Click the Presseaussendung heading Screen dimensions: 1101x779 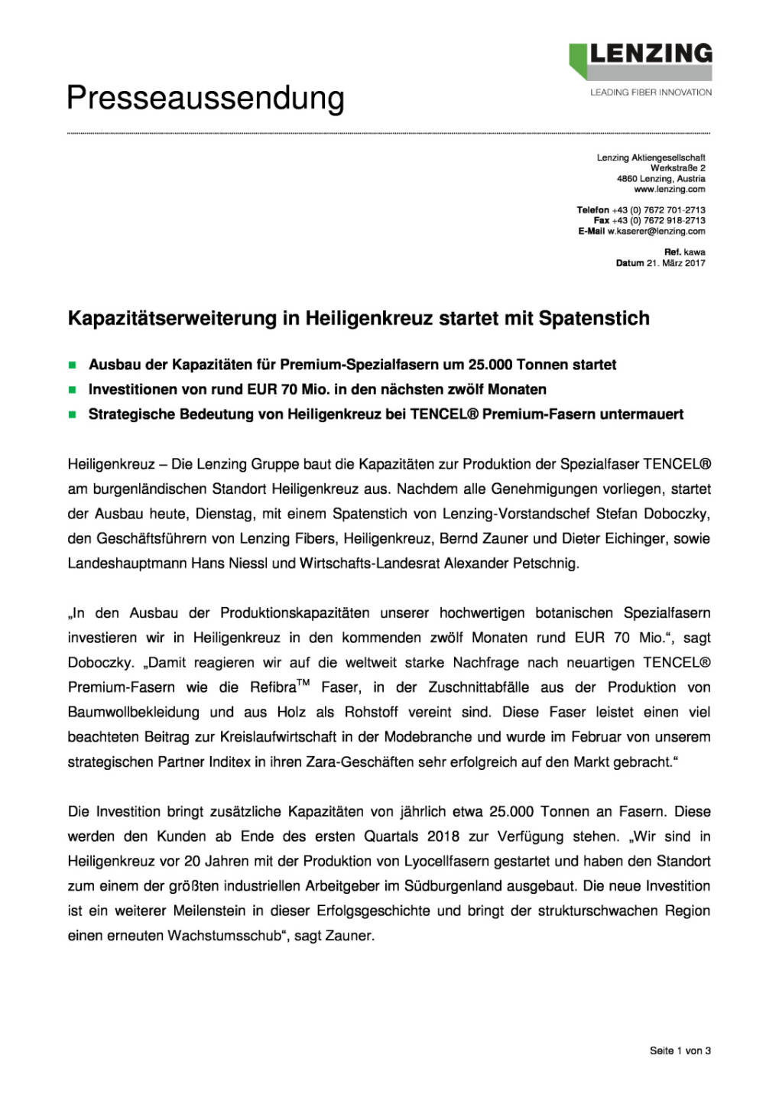tap(206, 99)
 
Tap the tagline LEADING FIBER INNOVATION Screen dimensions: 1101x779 tap(651, 93)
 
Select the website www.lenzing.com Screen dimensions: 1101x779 tap(670, 189)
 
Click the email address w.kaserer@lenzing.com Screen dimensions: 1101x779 tap(656, 231)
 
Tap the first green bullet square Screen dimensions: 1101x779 tap(73, 365)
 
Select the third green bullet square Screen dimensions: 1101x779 tap(73, 415)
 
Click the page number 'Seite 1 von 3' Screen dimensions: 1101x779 tap(680, 1051)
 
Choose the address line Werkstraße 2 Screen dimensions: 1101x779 tap(677, 167)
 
